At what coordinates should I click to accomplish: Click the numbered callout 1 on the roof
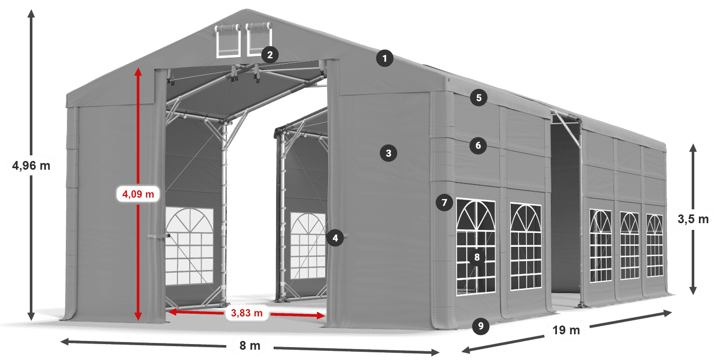point(384,59)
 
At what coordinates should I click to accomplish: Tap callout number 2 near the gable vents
point(269,55)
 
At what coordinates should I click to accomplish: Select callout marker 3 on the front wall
point(388,153)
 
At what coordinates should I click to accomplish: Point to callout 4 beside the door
point(335,238)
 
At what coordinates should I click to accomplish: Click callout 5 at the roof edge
point(479,98)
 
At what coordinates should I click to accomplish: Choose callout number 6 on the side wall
point(478,146)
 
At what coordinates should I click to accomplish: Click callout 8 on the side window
point(477,258)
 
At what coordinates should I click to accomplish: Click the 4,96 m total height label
point(31,166)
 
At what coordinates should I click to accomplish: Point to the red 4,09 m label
point(138,194)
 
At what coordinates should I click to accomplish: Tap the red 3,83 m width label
point(247,312)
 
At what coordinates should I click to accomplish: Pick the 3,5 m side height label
point(693,220)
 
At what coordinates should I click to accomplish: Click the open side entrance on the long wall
point(566,216)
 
